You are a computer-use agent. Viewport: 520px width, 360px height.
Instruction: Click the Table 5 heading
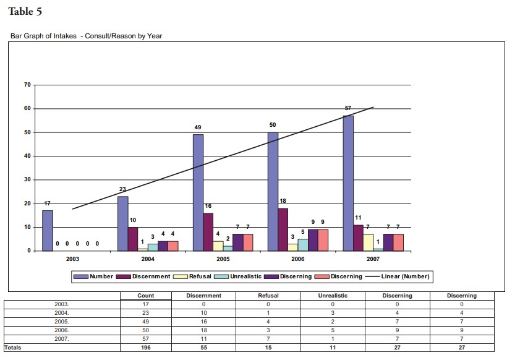coord(25,12)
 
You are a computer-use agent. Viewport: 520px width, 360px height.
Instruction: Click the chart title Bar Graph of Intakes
coord(86,36)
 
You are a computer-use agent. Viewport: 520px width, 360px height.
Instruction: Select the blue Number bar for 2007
coord(348,183)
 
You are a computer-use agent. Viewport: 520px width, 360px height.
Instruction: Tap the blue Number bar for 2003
coord(48,230)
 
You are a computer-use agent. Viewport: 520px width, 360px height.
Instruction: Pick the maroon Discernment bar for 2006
coord(283,229)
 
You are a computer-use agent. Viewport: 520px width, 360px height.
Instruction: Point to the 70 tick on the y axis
coord(27,85)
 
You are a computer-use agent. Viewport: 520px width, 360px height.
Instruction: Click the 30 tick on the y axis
coord(27,180)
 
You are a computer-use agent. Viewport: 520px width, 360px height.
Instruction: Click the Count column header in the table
coord(145,296)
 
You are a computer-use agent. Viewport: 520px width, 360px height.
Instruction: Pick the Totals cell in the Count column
coord(145,348)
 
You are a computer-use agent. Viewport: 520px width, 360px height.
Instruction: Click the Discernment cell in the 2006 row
coord(204,330)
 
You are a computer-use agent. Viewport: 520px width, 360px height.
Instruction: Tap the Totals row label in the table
coord(13,348)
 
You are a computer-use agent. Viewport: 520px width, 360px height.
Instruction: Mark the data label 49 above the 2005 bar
coord(198,127)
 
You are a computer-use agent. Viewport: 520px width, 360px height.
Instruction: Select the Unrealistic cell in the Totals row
coord(333,348)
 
